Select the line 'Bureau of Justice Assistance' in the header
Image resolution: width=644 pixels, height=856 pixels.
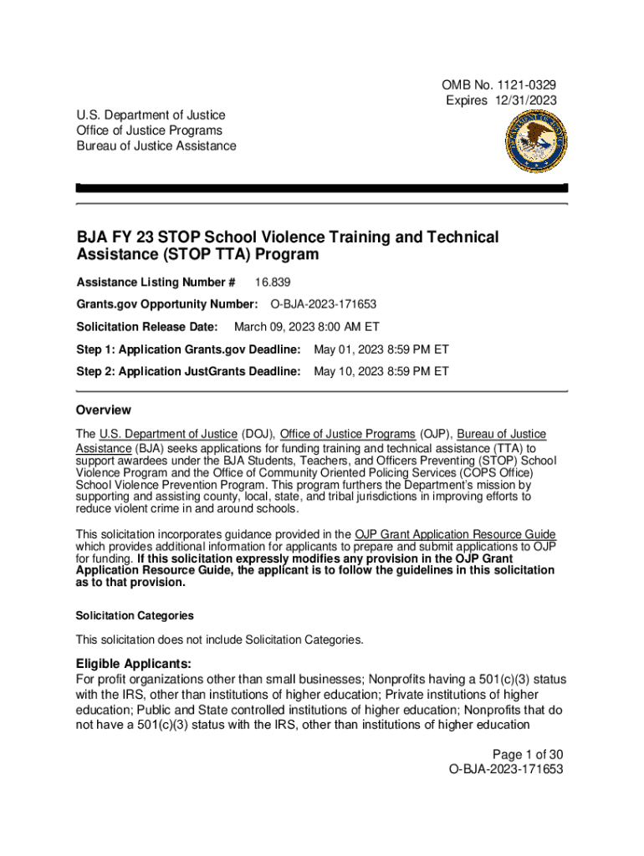[x=156, y=146]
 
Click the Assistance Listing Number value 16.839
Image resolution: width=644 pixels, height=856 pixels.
[x=273, y=283]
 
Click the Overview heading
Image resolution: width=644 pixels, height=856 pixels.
[x=103, y=410]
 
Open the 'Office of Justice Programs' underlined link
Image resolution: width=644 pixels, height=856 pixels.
[x=347, y=434]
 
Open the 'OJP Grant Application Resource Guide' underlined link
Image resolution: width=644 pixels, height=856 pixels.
[x=455, y=535]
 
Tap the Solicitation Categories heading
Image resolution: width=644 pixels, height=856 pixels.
[x=135, y=616]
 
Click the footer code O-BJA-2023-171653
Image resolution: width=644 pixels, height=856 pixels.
[x=506, y=769]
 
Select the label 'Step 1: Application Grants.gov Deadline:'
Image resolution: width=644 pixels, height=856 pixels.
[x=187, y=348]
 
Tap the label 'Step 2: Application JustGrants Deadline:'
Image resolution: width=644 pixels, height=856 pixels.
[x=187, y=369]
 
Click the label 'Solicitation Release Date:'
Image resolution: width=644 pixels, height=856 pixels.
[x=146, y=326]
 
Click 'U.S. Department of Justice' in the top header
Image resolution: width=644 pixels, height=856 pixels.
[x=151, y=115]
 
